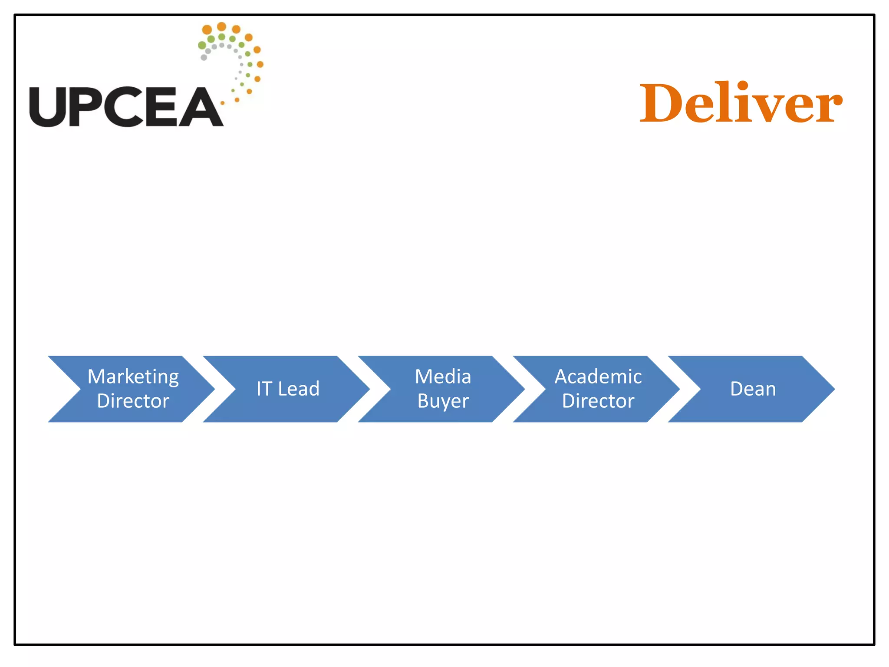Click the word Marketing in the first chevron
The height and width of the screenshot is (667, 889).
click(133, 377)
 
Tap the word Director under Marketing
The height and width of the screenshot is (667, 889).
click(133, 401)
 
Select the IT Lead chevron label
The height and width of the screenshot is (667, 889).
click(288, 389)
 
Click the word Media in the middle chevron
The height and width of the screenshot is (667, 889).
click(443, 376)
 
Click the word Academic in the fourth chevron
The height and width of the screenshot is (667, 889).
click(598, 376)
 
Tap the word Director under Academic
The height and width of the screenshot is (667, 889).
click(598, 401)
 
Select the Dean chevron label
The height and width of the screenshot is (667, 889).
click(753, 389)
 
